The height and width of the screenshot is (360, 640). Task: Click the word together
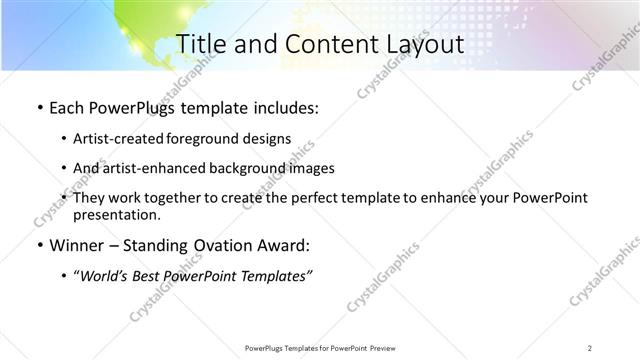point(190,199)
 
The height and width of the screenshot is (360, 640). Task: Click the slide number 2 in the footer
point(590,347)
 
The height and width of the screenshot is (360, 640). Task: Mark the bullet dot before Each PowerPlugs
point(38,107)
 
